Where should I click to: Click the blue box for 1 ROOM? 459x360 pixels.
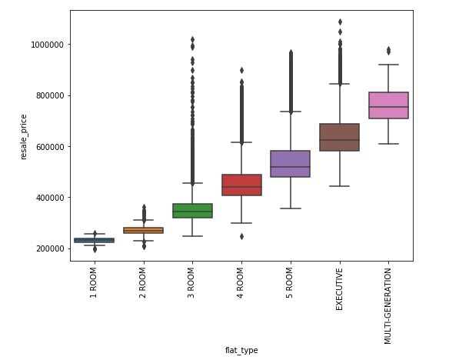click(95, 240)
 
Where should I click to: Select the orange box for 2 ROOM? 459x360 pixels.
click(144, 230)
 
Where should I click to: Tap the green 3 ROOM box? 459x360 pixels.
click(193, 211)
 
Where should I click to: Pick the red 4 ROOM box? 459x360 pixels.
click(241, 185)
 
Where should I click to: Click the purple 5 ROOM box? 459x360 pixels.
click(291, 164)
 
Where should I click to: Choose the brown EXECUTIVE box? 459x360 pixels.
click(340, 138)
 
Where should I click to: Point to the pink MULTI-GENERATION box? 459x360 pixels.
click(388, 105)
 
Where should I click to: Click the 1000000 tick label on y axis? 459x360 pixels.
click(47, 45)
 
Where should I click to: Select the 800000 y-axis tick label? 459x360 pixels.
click(50, 96)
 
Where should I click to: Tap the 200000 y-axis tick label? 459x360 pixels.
click(50, 248)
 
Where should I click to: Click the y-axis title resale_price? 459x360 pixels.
click(23, 137)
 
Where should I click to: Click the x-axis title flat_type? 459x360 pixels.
click(241, 350)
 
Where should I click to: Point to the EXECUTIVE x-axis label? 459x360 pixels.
click(339, 289)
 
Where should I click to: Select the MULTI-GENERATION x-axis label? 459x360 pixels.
click(387, 306)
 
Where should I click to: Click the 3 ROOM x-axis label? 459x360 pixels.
click(191, 283)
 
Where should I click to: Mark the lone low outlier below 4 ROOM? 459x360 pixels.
click(241, 236)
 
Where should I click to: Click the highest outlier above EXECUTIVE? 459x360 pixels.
click(340, 22)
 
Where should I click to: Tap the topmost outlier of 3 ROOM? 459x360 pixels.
click(193, 39)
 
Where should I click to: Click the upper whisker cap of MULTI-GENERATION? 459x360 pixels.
click(388, 65)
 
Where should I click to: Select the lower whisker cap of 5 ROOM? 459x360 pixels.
click(291, 208)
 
